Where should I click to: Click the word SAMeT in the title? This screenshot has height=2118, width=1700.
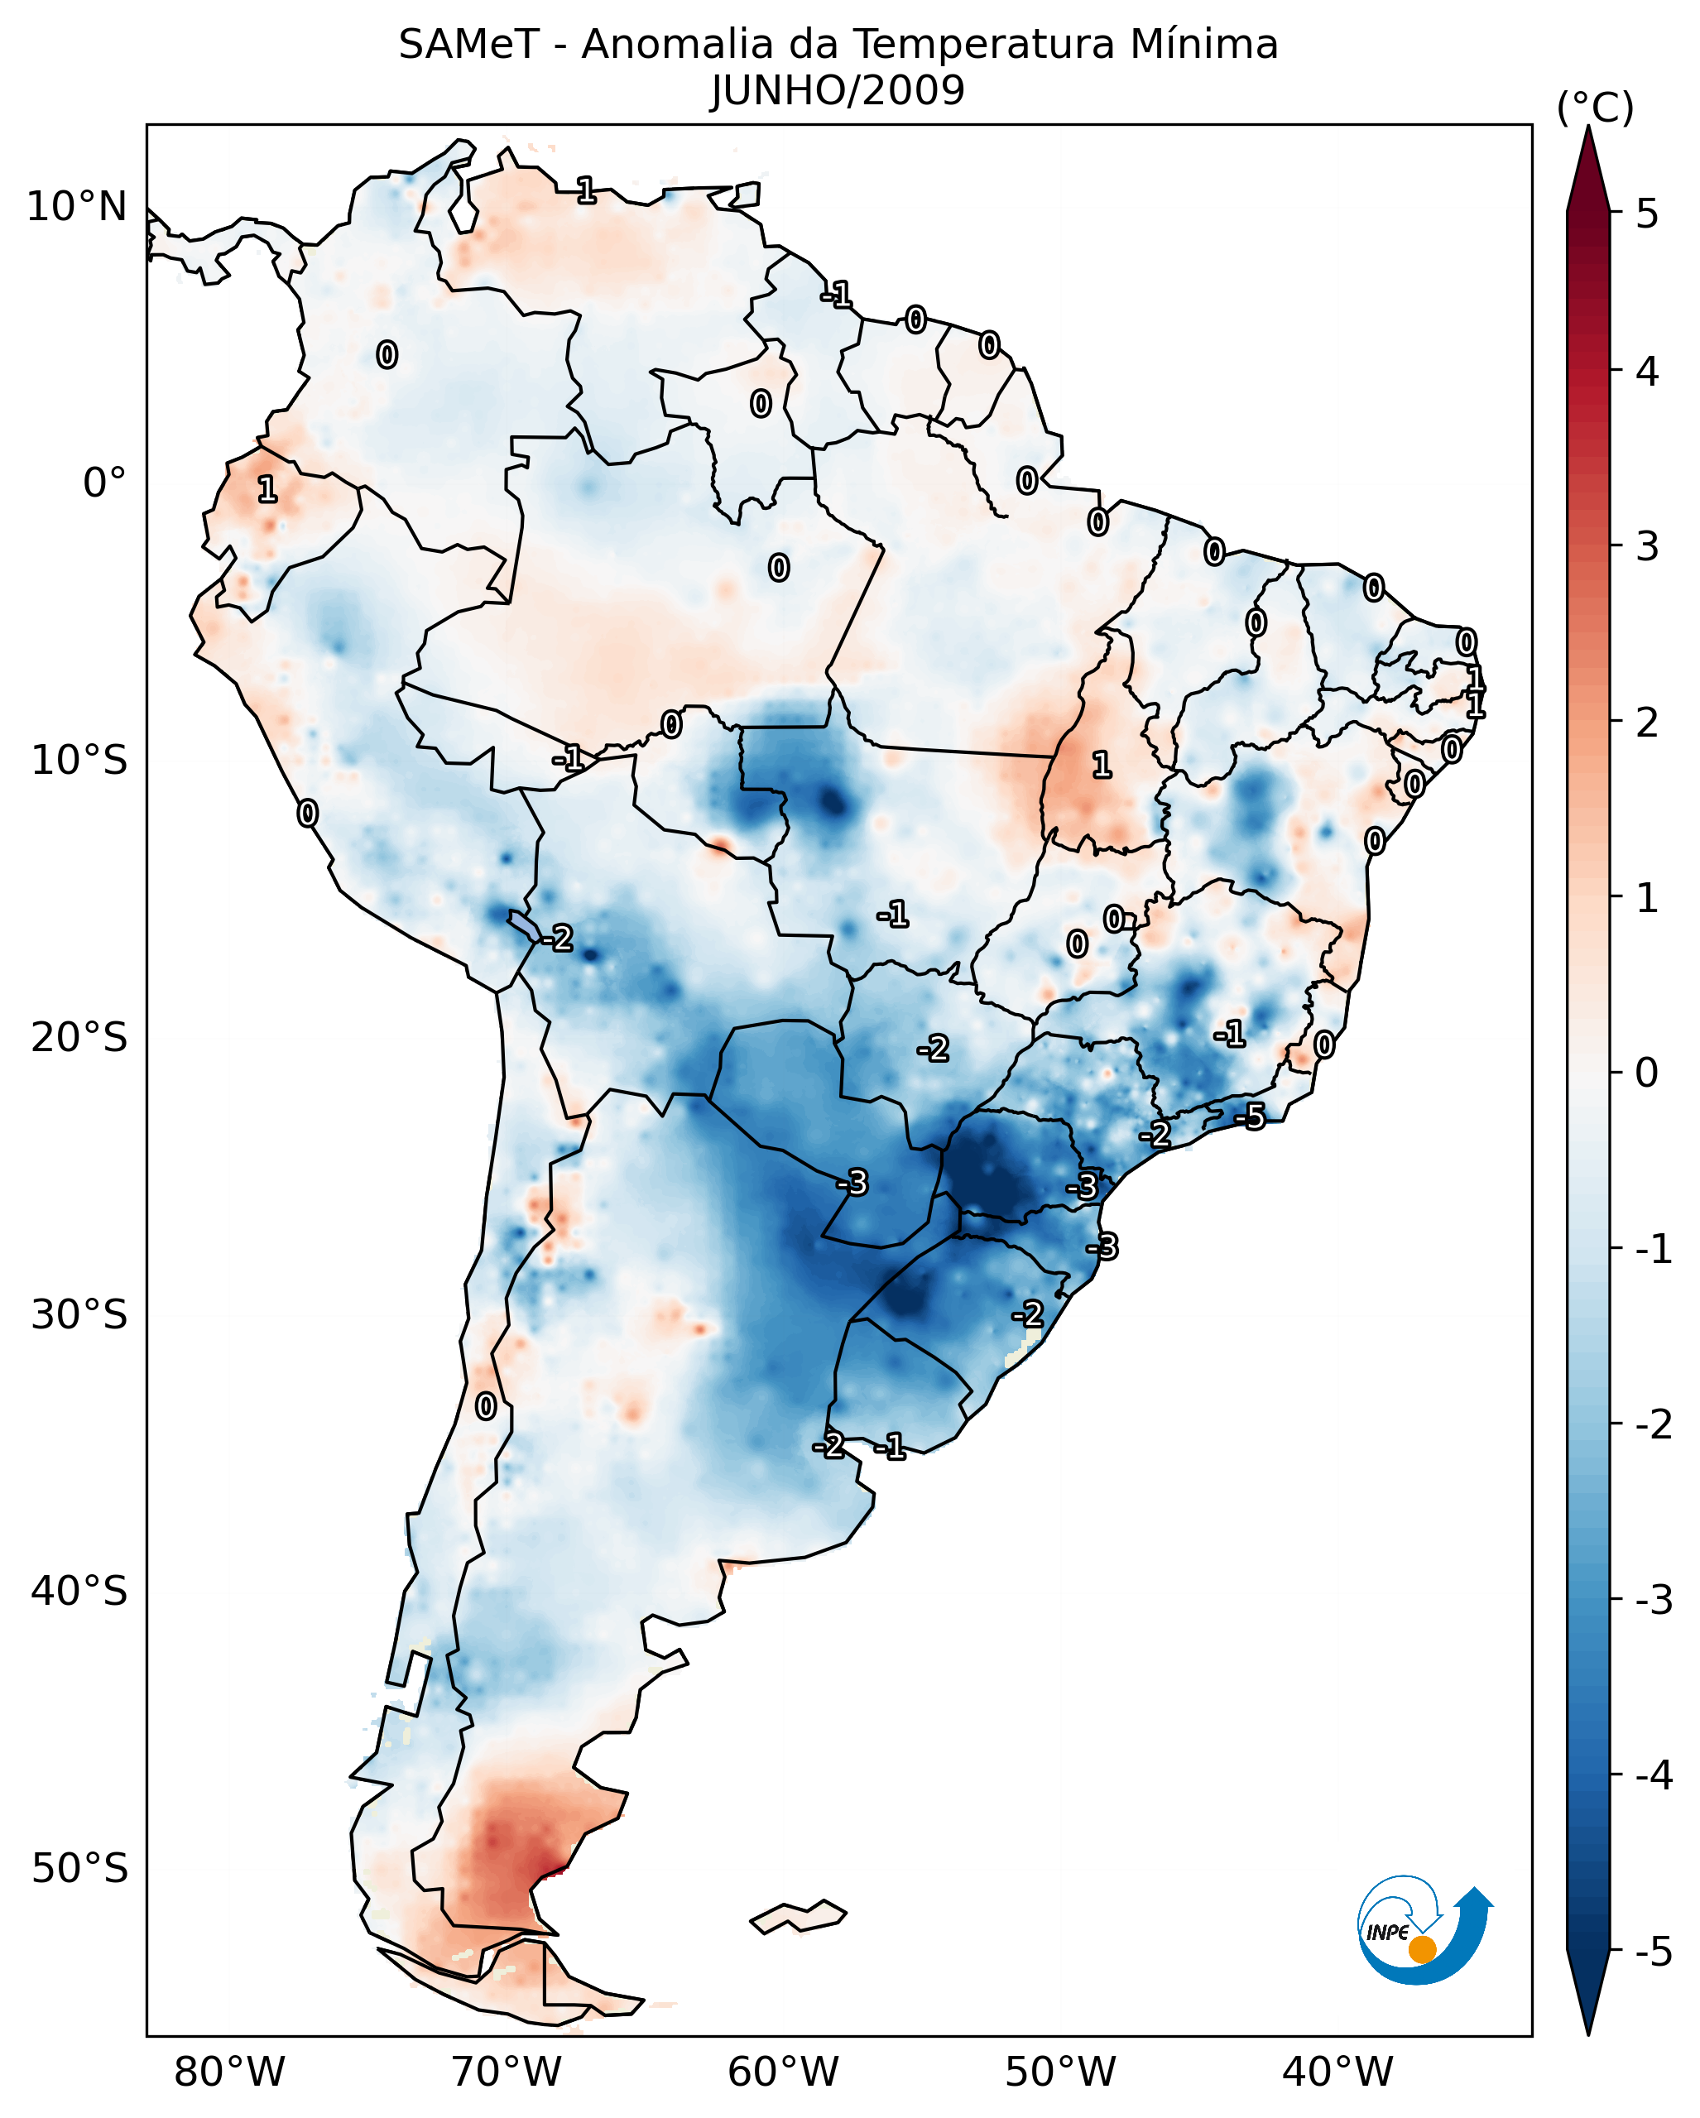pyautogui.click(x=468, y=46)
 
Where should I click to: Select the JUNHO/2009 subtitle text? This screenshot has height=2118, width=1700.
pyautogui.click(x=838, y=91)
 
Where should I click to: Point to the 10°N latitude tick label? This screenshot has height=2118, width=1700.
pyautogui.click(x=77, y=207)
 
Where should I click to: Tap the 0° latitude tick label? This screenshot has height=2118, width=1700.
pyautogui.click(x=104, y=483)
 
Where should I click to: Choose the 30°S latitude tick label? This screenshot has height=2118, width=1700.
pyautogui.click(x=79, y=1314)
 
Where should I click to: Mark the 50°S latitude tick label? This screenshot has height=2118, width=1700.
pyautogui.click(x=79, y=1869)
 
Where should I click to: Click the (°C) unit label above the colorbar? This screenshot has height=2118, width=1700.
pyautogui.click(x=1595, y=108)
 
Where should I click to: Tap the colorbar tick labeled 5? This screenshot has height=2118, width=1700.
pyautogui.click(x=1647, y=214)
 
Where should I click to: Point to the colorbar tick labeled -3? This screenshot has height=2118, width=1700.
pyautogui.click(x=1652, y=1600)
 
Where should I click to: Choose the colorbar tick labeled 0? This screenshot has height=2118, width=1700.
pyautogui.click(x=1647, y=1072)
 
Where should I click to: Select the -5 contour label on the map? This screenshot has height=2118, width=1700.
pyautogui.click(x=1251, y=1116)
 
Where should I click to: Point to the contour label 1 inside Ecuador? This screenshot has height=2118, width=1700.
pyautogui.click(x=267, y=489)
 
